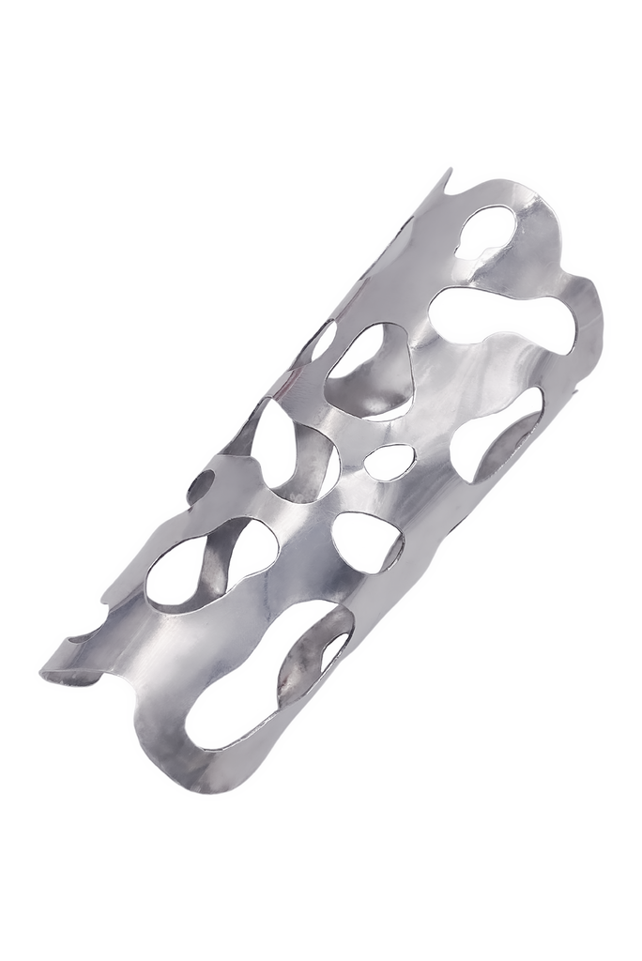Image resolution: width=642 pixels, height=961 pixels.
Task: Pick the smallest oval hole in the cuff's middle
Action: [389, 461]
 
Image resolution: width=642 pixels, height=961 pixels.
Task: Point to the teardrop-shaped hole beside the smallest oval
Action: [366, 541]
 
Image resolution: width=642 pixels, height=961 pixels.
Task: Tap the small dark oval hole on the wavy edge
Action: [199, 485]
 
